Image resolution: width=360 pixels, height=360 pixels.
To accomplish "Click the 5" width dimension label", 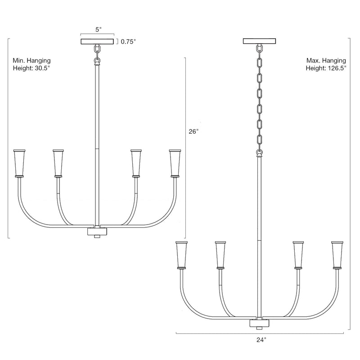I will [x=98, y=29].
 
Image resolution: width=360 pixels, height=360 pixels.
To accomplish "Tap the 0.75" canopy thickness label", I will [x=127, y=42].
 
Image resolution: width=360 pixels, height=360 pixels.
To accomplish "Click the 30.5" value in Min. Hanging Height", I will [x=41, y=69].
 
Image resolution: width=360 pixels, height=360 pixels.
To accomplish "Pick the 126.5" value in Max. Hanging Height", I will [x=335, y=69].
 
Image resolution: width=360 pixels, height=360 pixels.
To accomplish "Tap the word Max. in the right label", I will [x=314, y=60].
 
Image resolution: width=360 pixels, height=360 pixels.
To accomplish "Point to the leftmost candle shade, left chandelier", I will [x=20, y=162].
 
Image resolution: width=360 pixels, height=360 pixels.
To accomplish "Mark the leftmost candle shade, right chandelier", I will [x=182, y=255].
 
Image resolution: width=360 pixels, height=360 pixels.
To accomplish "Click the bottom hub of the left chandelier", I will [x=97, y=232].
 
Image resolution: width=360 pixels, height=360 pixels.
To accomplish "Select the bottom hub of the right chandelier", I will [x=259, y=324].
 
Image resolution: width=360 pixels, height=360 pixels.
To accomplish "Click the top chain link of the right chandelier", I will [x=259, y=49].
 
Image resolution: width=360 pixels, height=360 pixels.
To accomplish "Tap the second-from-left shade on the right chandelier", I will [x=220, y=255].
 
